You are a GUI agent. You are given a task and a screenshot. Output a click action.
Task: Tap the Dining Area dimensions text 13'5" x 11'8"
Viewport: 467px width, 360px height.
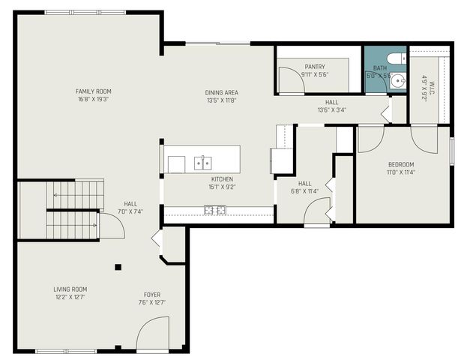click(x=221, y=100)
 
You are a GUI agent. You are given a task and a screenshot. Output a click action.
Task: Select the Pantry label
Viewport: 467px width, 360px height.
click(x=315, y=67)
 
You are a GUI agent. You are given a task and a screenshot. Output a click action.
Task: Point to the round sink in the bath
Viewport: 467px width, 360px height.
click(x=397, y=82)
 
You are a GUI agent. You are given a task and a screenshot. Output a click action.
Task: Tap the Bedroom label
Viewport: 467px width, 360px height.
click(x=400, y=164)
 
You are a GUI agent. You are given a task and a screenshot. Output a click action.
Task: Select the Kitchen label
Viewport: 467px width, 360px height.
click(x=222, y=179)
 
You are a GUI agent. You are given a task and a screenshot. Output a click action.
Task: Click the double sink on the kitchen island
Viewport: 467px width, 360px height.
click(x=202, y=161)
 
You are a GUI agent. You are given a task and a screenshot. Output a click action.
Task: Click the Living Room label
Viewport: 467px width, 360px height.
click(x=70, y=289)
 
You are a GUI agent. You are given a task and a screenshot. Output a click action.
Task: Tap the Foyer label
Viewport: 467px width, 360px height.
click(x=152, y=295)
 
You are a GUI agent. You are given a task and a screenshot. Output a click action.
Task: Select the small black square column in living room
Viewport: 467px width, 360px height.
click(x=118, y=266)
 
